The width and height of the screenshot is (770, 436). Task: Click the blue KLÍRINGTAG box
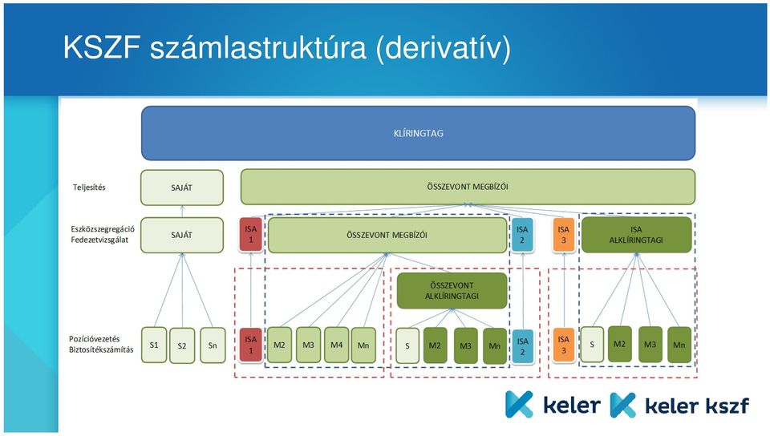pos(419,133)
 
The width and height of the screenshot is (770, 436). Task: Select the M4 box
pos(336,345)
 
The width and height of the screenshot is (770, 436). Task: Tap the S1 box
pos(154,345)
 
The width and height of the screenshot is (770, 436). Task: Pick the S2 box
pos(182,345)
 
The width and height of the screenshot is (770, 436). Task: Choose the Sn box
pos(213,345)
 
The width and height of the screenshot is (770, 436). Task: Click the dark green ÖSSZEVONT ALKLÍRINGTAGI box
pos(452,291)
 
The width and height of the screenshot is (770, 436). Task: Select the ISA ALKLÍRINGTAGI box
pos(636,235)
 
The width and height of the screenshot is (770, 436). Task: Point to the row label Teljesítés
pos(89,188)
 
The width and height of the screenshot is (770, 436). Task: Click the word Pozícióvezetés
pos(95,339)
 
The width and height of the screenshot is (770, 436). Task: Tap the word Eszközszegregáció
pos(103,229)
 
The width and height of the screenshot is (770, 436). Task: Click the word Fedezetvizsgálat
pos(99,240)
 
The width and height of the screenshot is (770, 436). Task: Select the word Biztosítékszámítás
pos(101,349)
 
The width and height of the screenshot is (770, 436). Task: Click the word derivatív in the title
pos(444,48)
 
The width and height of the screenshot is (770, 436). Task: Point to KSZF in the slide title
pos(102,47)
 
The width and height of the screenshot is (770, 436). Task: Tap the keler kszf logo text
pos(697,406)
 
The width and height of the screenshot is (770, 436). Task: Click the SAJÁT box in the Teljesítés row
pos(182,188)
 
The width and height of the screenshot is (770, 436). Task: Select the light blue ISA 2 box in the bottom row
pos(522,346)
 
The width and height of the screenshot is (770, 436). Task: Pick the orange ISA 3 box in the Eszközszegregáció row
pos(564,235)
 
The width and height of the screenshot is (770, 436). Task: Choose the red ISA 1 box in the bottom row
pos(251,345)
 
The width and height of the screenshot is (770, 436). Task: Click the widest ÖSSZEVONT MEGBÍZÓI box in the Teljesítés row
pos(468,187)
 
